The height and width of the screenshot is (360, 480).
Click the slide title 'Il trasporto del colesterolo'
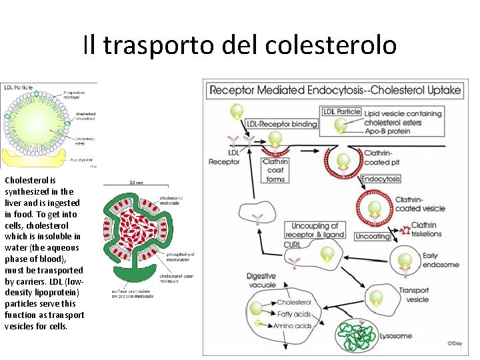[240, 45]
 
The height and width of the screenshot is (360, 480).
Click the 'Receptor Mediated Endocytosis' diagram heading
[335, 90]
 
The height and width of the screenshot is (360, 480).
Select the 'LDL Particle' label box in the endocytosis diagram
[341, 111]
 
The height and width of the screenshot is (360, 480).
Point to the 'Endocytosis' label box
[381, 179]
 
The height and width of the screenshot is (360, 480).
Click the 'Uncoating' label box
[373, 236]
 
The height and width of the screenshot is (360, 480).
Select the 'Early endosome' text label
[431, 260]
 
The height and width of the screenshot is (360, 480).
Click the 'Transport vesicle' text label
[413, 295]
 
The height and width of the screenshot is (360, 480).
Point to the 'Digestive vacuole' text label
[261, 281]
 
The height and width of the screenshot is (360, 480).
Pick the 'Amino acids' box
[292, 326]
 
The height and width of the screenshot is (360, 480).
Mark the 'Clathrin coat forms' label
[275, 170]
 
